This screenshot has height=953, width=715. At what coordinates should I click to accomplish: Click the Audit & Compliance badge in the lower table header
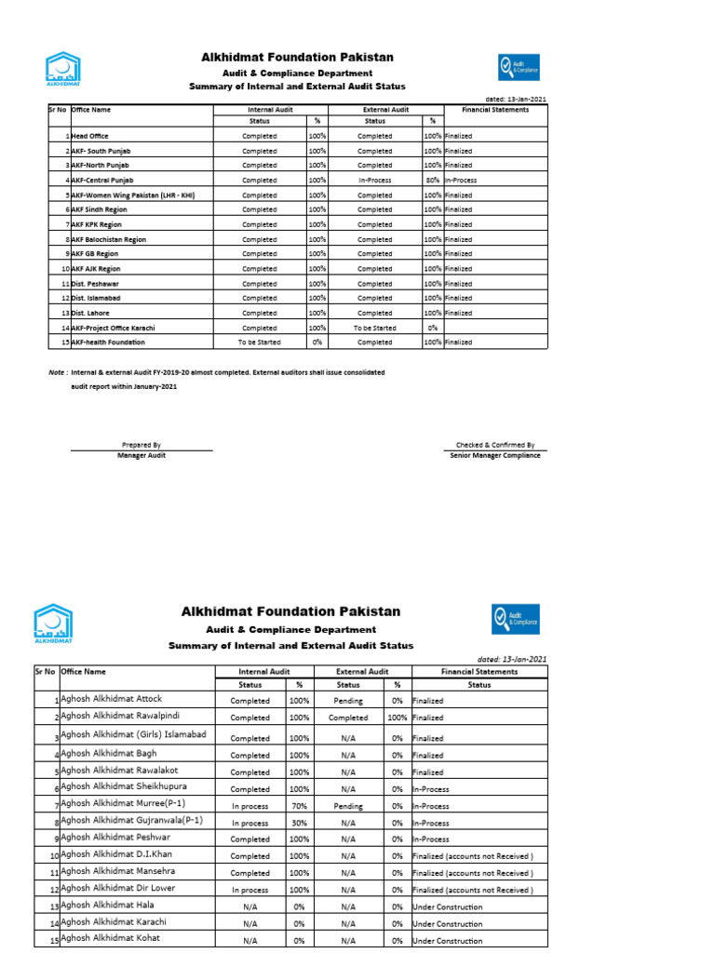click(516, 619)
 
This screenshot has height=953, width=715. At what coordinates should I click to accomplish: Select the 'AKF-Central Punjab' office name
click(102, 180)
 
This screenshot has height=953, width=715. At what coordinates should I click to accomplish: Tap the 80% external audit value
click(432, 180)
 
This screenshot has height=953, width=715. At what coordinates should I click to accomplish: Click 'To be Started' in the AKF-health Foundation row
click(259, 342)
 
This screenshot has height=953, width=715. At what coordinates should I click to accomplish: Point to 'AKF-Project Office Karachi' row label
click(113, 328)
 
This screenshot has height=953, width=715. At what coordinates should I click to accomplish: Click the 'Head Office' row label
click(89, 136)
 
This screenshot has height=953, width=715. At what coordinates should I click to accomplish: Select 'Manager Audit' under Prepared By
click(142, 455)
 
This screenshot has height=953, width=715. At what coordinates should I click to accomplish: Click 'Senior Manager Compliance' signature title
click(494, 455)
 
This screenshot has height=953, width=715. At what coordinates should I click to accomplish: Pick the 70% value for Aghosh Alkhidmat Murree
click(299, 806)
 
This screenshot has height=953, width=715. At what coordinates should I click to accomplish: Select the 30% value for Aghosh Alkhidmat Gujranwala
click(299, 823)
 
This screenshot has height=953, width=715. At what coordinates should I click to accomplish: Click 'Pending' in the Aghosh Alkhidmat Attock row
click(348, 700)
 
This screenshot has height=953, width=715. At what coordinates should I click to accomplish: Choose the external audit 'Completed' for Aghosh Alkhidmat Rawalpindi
click(348, 718)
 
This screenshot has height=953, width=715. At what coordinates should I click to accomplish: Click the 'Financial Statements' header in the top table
click(495, 110)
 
